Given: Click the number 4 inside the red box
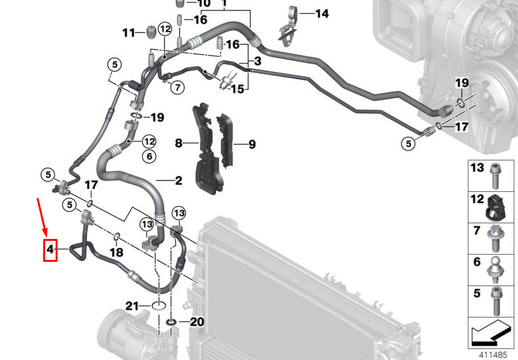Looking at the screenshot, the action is pyautogui.click(x=50, y=249).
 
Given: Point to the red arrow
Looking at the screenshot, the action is pyautogui.click(x=43, y=217).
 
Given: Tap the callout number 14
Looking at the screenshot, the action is pyautogui.click(x=321, y=14).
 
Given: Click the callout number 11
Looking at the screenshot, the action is pyautogui.click(x=129, y=33).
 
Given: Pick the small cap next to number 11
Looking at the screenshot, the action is pyautogui.click(x=150, y=32).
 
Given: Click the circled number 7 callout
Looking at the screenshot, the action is pyautogui.click(x=178, y=87).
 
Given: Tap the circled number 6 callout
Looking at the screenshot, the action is pyautogui.click(x=149, y=156).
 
